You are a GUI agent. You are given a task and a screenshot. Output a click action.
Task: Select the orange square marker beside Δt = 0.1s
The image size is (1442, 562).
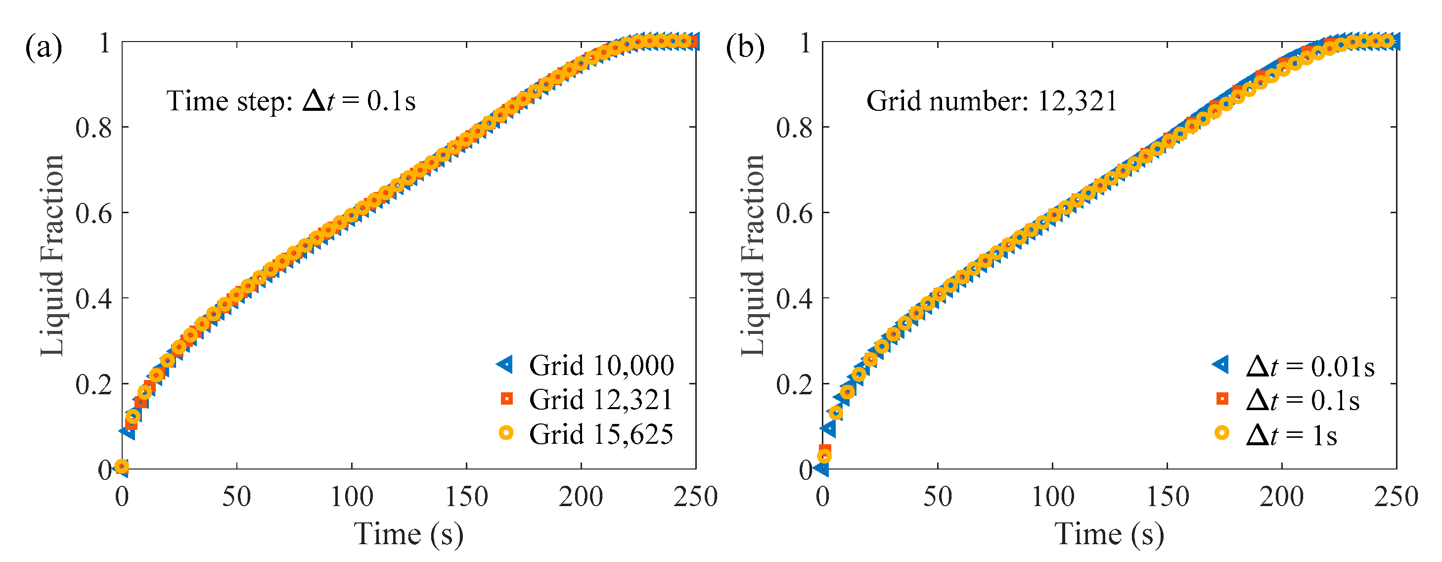pos(1222,399)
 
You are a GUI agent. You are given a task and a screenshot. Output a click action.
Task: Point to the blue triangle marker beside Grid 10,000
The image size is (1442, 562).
pos(505,365)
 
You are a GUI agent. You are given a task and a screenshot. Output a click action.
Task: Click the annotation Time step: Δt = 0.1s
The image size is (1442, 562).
pos(291,101)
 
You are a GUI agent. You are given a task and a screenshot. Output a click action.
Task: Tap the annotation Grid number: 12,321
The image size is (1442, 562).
pos(991,101)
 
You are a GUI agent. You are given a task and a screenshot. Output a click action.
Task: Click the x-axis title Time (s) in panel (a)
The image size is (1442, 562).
pos(408,533)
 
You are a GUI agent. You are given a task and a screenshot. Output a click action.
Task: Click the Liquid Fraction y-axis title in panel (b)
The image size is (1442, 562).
pos(753,255)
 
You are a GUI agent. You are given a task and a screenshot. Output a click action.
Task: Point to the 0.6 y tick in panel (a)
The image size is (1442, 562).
pos(93,214)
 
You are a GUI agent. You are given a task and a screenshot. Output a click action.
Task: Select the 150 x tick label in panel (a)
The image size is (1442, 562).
pos(466,497)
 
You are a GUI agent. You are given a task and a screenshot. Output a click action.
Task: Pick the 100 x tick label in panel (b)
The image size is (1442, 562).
pos(1052,497)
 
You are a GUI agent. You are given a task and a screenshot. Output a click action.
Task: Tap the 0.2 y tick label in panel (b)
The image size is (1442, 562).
pos(794,385)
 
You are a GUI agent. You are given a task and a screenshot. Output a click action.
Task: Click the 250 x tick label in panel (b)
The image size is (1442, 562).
pos(1396,497)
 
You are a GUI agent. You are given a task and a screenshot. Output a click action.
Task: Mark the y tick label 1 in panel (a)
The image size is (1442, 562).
pos(105,43)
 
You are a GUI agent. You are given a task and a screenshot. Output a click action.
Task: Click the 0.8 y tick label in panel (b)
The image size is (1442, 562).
pos(794,129)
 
